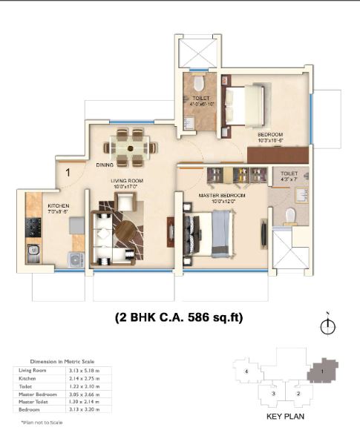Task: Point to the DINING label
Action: pos(104,165)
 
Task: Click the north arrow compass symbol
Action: pos(324,325)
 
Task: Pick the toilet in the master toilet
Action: pos(290,214)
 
